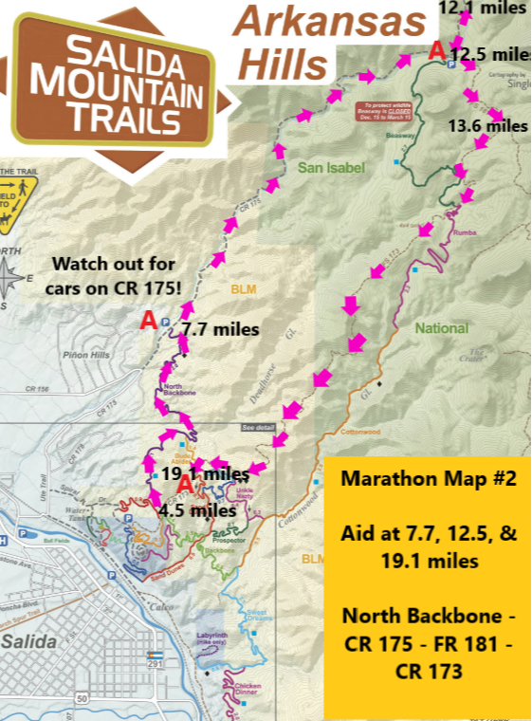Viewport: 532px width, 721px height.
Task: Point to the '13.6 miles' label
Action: coord(488,125)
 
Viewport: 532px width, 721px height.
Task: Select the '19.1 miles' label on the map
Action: coord(205,472)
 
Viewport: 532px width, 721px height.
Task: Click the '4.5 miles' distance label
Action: coord(198,509)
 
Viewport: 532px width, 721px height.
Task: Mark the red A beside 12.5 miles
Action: coord(437,50)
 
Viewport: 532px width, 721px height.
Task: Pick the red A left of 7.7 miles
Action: coord(148,322)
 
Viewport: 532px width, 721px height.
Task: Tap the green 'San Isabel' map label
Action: coord(331,168)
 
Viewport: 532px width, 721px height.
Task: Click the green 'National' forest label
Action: coord(441,328)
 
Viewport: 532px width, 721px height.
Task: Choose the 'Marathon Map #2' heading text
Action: coord(425,480)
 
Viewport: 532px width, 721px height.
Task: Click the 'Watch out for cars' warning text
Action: coord(113,273)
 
